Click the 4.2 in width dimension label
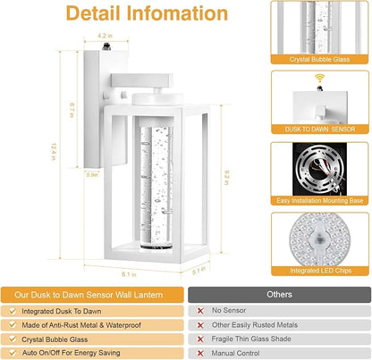[105, 36]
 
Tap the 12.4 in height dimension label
[54, 152]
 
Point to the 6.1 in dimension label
[129, 274]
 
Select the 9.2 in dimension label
[226, 178]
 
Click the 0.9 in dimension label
[92, 175]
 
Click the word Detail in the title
[94, 13]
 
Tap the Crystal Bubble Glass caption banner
[319, 59]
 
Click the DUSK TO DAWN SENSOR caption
[320, 130]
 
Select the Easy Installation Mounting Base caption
[320, 201]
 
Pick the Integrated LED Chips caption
[320, 271]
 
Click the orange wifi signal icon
[320, 79]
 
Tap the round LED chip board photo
[320, 240]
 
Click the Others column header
[279, 295]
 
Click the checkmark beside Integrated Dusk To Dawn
[13, 311]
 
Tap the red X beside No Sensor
[200, 311]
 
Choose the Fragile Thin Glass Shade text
[251, 339]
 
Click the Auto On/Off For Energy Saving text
[71, 353]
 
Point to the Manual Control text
[235, 353]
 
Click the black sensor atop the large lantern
[106, 46]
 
